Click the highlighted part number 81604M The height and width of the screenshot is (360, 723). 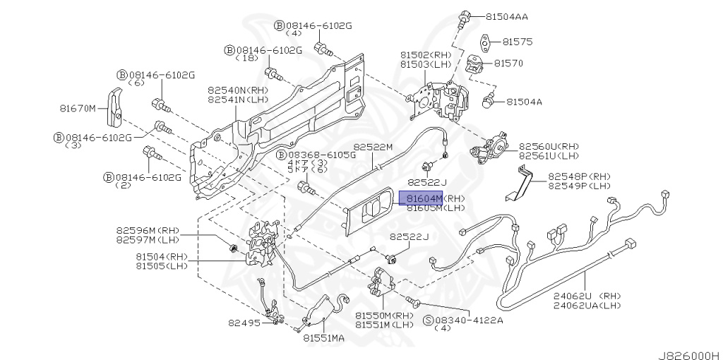421,198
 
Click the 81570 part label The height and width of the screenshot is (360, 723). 508,64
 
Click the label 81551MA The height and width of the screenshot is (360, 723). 324,338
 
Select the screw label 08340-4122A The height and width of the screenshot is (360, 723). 469,320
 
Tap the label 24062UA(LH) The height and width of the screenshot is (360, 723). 587,305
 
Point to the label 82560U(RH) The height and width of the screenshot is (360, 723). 549,144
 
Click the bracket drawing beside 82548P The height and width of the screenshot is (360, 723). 520,182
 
